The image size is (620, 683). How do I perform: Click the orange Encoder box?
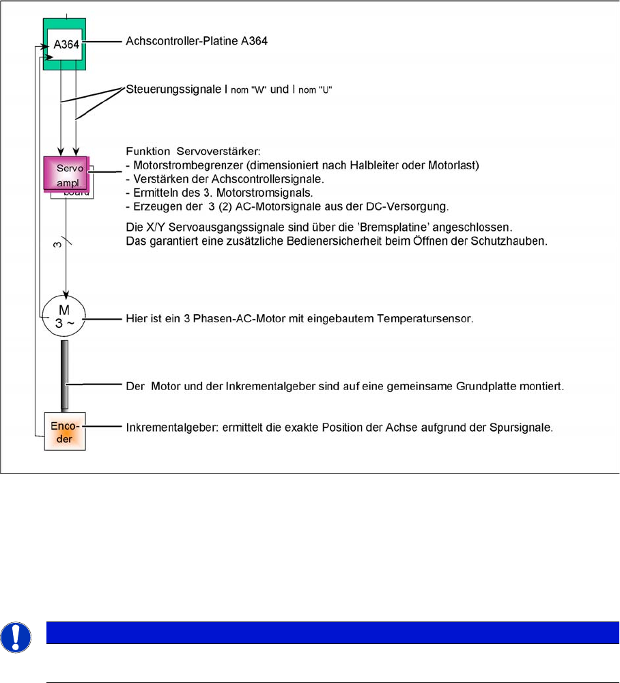point(65,431)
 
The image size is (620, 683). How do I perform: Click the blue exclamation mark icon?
point(14,635)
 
